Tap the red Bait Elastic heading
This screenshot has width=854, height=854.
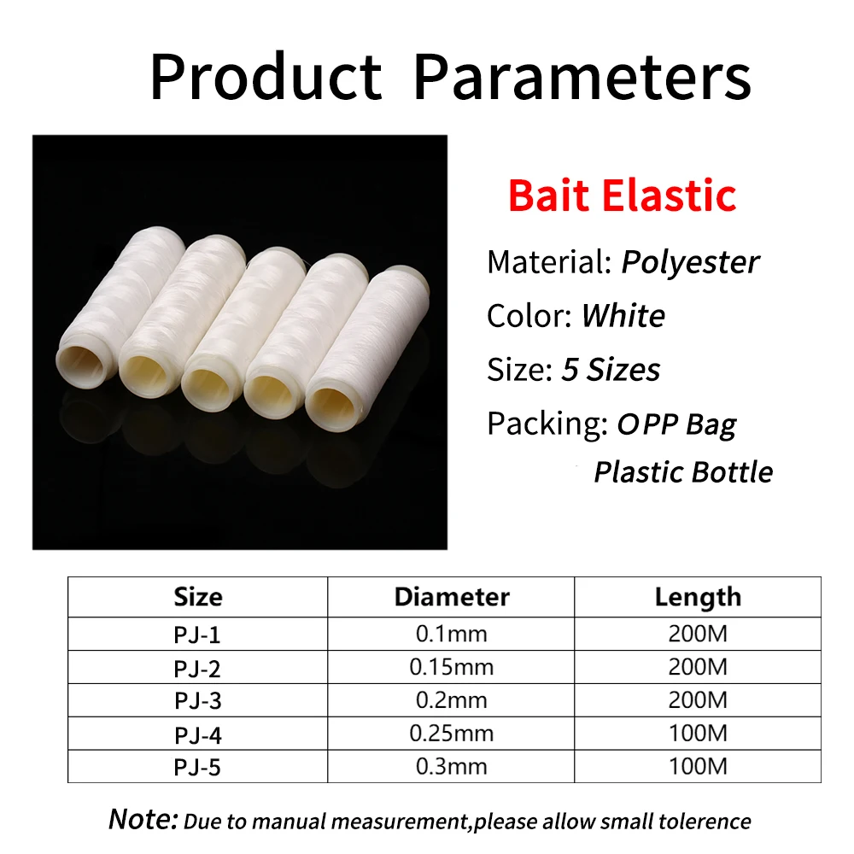(622, 195)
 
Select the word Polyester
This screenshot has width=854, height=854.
(690, 262)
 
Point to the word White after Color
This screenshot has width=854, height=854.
(623, 315)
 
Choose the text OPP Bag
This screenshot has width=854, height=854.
(676, 424)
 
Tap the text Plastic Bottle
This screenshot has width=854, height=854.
(683, 471)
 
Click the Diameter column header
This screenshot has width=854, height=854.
(452, 597)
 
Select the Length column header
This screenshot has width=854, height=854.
(698, 598)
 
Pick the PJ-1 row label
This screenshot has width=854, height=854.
(197, 635)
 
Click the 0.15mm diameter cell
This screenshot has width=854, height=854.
(452, 667)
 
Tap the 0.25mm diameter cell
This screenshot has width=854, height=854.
(452, 734)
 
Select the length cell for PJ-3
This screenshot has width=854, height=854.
(698, 700)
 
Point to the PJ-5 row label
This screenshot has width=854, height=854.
(197, 768)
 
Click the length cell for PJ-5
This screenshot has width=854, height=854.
(698, 767)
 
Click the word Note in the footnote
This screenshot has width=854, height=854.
(143, 819)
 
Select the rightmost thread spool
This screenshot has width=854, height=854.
(366, 348)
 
